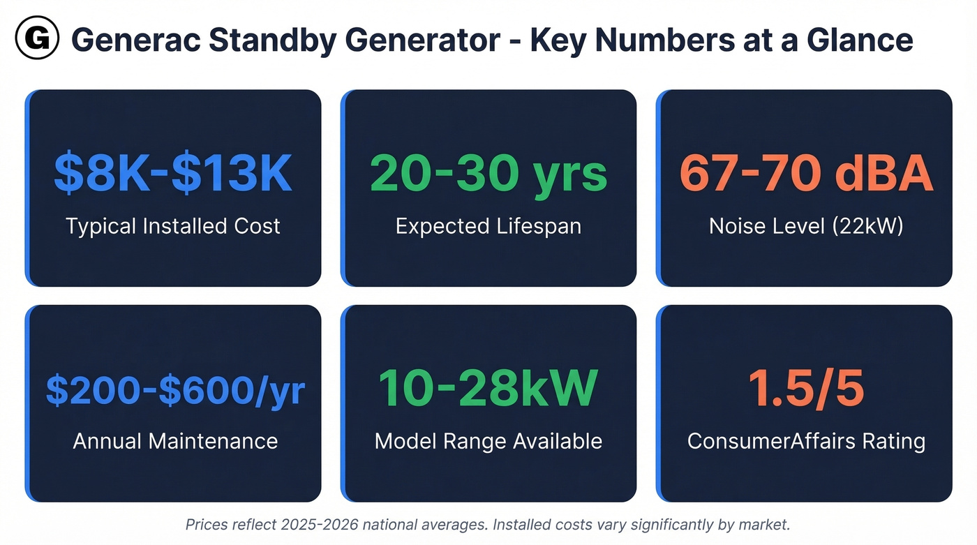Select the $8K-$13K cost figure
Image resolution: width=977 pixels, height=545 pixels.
(x=173, y=174)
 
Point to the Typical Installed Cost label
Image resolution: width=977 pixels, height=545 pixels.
(x=173, y=226)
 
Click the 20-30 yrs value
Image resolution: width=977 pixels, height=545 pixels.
(x=488, y=174)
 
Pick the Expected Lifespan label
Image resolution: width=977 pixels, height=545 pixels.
(x=488, y=226)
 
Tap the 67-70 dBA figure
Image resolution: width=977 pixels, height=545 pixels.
(x=806, y=174)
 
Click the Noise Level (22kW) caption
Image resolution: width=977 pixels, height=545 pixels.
(x=806, y=226)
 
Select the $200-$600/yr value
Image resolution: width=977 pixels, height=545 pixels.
(x=175, y=390)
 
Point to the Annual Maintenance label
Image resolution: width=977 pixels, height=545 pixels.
(x=175, y=441)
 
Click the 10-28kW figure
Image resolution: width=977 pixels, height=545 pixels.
(x=488, y=389)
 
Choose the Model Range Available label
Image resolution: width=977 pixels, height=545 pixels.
(x=488, y=441)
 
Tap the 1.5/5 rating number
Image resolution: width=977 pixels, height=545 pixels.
(x=806, y=389)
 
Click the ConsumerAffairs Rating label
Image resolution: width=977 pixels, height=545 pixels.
(x=806, y=441)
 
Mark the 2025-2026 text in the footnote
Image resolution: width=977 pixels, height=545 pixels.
(x=311, y=525)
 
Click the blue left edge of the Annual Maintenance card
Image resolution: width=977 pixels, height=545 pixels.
(x=28, y=403)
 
